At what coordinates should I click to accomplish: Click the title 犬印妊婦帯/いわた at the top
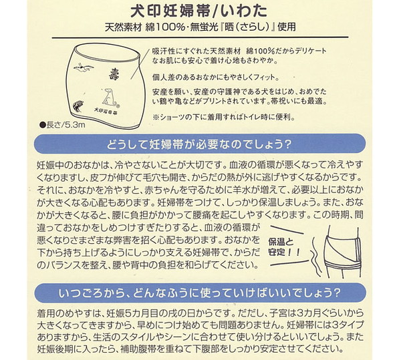click(200, 11)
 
